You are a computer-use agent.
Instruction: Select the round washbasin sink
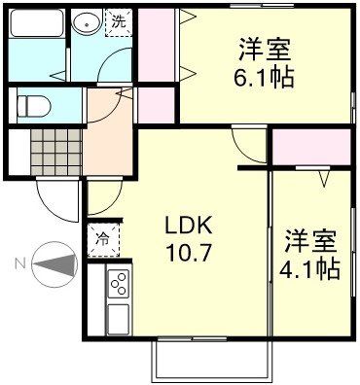[87, 22]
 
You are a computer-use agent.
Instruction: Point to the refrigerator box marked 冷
[102, 236]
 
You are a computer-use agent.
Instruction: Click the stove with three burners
[119, 283]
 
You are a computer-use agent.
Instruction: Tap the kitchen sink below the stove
[119, 317]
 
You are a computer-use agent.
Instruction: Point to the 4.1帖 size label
[311, 269]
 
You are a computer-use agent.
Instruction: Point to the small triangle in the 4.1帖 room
[324, 179]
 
